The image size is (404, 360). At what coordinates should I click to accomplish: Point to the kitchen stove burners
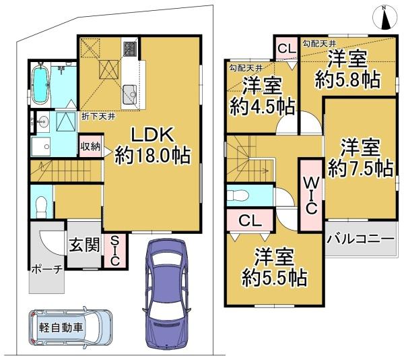coord(129,49)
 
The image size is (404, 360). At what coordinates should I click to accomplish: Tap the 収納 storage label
coord(91,146)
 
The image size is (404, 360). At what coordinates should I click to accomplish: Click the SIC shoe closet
coord(115,250)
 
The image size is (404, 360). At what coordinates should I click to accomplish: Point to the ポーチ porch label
coord(46,269)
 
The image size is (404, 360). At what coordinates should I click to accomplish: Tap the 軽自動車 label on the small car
coord(63,328)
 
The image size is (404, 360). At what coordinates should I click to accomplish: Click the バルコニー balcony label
coord(361,239)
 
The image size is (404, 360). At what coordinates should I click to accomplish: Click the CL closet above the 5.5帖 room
coord(249,220)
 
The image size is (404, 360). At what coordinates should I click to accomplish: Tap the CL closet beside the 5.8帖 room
coord(285,49)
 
